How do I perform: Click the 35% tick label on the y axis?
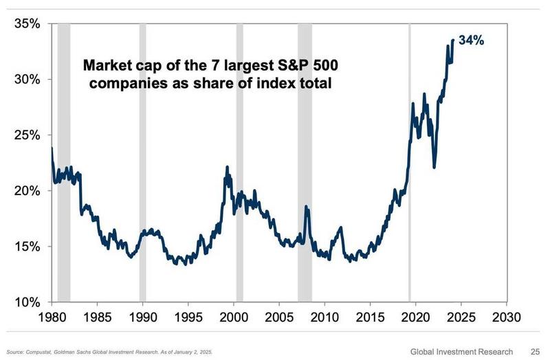pos(26,24)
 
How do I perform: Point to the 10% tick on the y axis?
pos(26,302)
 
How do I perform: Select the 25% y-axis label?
pos(26,135)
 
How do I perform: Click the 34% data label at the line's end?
pos(472,41)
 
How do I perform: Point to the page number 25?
pos(534,351)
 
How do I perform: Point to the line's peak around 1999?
pos(227,167)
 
